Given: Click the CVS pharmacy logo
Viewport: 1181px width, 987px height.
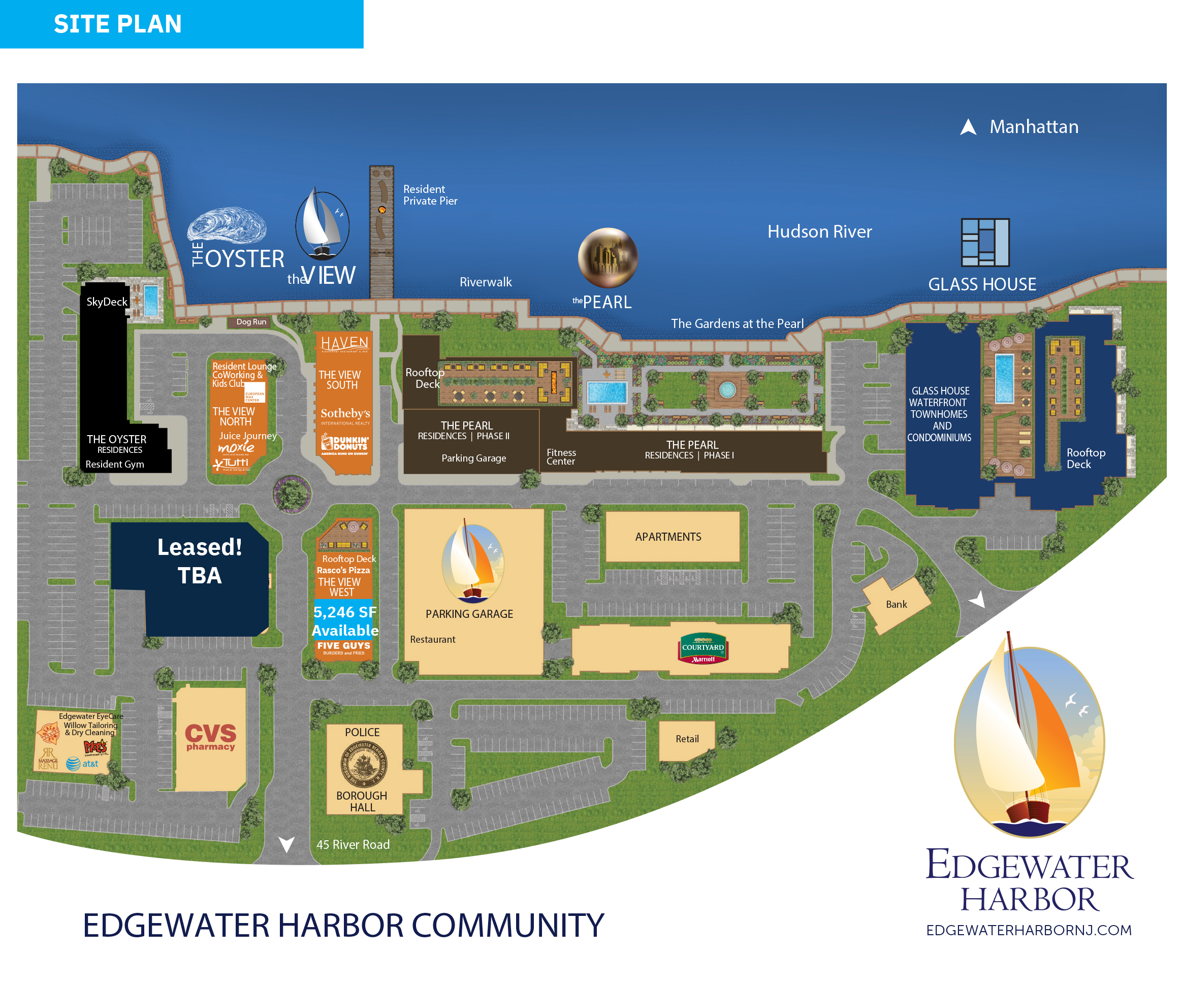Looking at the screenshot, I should pyautogui.click(x=210, y=736).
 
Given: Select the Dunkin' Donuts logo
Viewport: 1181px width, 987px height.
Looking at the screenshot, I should pyautogui.click(x=345, y=445).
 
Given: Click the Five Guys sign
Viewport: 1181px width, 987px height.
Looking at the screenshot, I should pyautogui.click(x=343, y=648).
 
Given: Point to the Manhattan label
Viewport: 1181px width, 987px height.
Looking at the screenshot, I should pyautogui.click(x=1034, y=127).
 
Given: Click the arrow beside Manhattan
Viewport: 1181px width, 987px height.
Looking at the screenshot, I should pyautogui.click(x=968, y=127).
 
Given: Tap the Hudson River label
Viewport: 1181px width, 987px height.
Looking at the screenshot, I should pyautogui.click(x=819, y=232).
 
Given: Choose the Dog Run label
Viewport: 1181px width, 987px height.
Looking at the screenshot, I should pyautogui.click(x=251, y=322).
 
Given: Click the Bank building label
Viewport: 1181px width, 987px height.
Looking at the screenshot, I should pyautogui.click(x=896, y=605).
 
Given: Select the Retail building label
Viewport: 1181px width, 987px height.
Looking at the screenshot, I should pyautogui.click(x=687, y=739).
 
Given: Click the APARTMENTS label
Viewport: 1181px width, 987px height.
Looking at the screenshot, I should pyautogui.click(x=668, y=537).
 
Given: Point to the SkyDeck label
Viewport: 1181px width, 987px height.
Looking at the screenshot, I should pyautogui.click(x=107, y=302).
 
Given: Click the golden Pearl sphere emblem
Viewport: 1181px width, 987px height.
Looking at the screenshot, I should pyautogui.click(x=608, y=257).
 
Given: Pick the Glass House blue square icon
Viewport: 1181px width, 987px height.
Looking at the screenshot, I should pyautogui.click(x=985, y=242).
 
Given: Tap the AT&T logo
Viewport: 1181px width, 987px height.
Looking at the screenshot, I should pyautogui.click(x=82, y=764).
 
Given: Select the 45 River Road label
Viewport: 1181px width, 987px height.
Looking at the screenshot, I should pyautogui.click(x=353, y=845).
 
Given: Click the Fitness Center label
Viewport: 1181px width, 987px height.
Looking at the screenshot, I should pyautogui.click(x=561, y=457).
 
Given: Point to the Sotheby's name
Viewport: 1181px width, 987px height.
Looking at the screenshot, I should pyautogui.click(x=345, y=414).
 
